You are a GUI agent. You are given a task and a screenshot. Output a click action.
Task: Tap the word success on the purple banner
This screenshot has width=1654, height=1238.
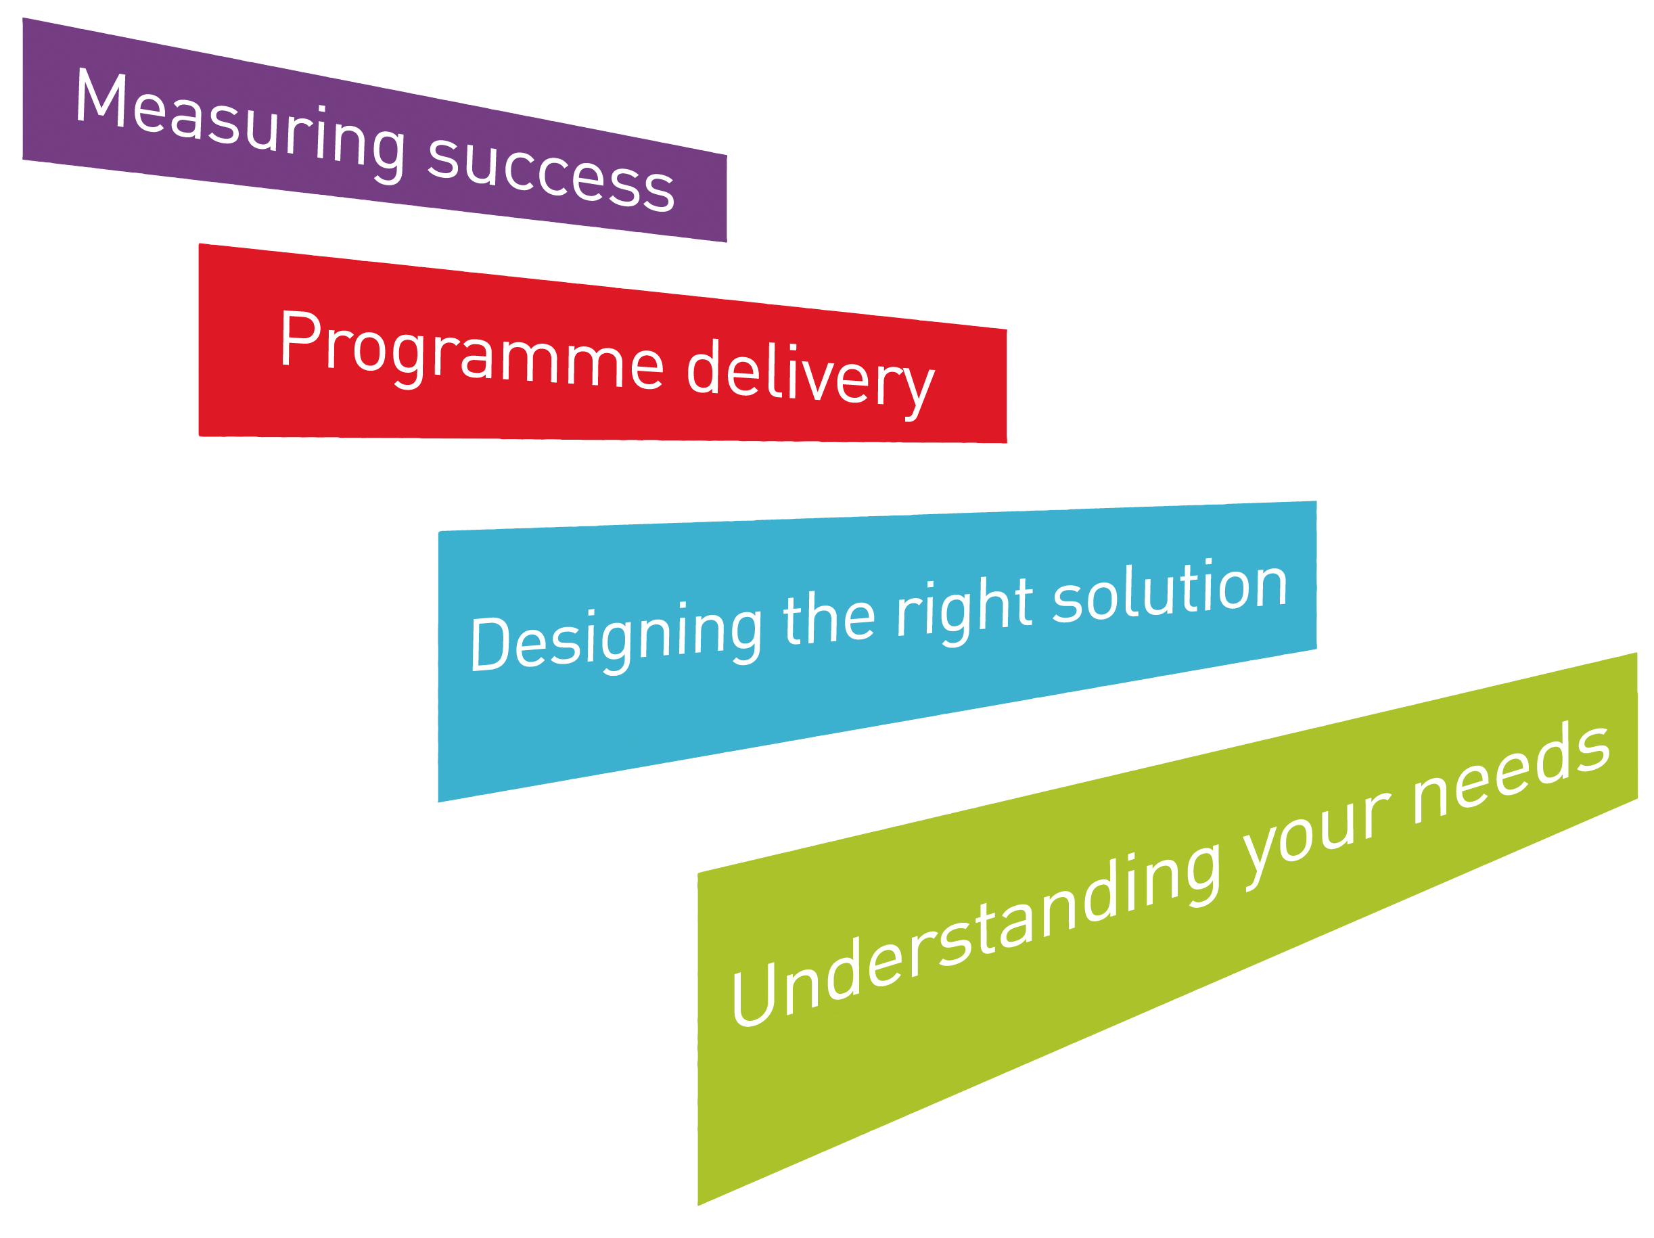click(551, 173)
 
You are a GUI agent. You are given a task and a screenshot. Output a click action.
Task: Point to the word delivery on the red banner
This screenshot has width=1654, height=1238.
click(810, 378)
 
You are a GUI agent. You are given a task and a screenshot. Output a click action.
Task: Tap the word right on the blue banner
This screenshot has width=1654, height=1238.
click(965, 610)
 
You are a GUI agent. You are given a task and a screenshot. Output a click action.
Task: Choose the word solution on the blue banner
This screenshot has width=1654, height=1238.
click(1170, 590)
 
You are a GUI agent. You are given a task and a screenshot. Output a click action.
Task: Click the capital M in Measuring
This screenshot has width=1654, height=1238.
click(100, 95)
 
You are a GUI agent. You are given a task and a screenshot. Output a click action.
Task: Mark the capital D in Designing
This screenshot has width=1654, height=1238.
click(490, 643)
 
